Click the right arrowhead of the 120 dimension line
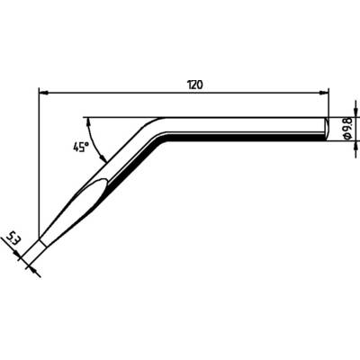click(x=326, y=91)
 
